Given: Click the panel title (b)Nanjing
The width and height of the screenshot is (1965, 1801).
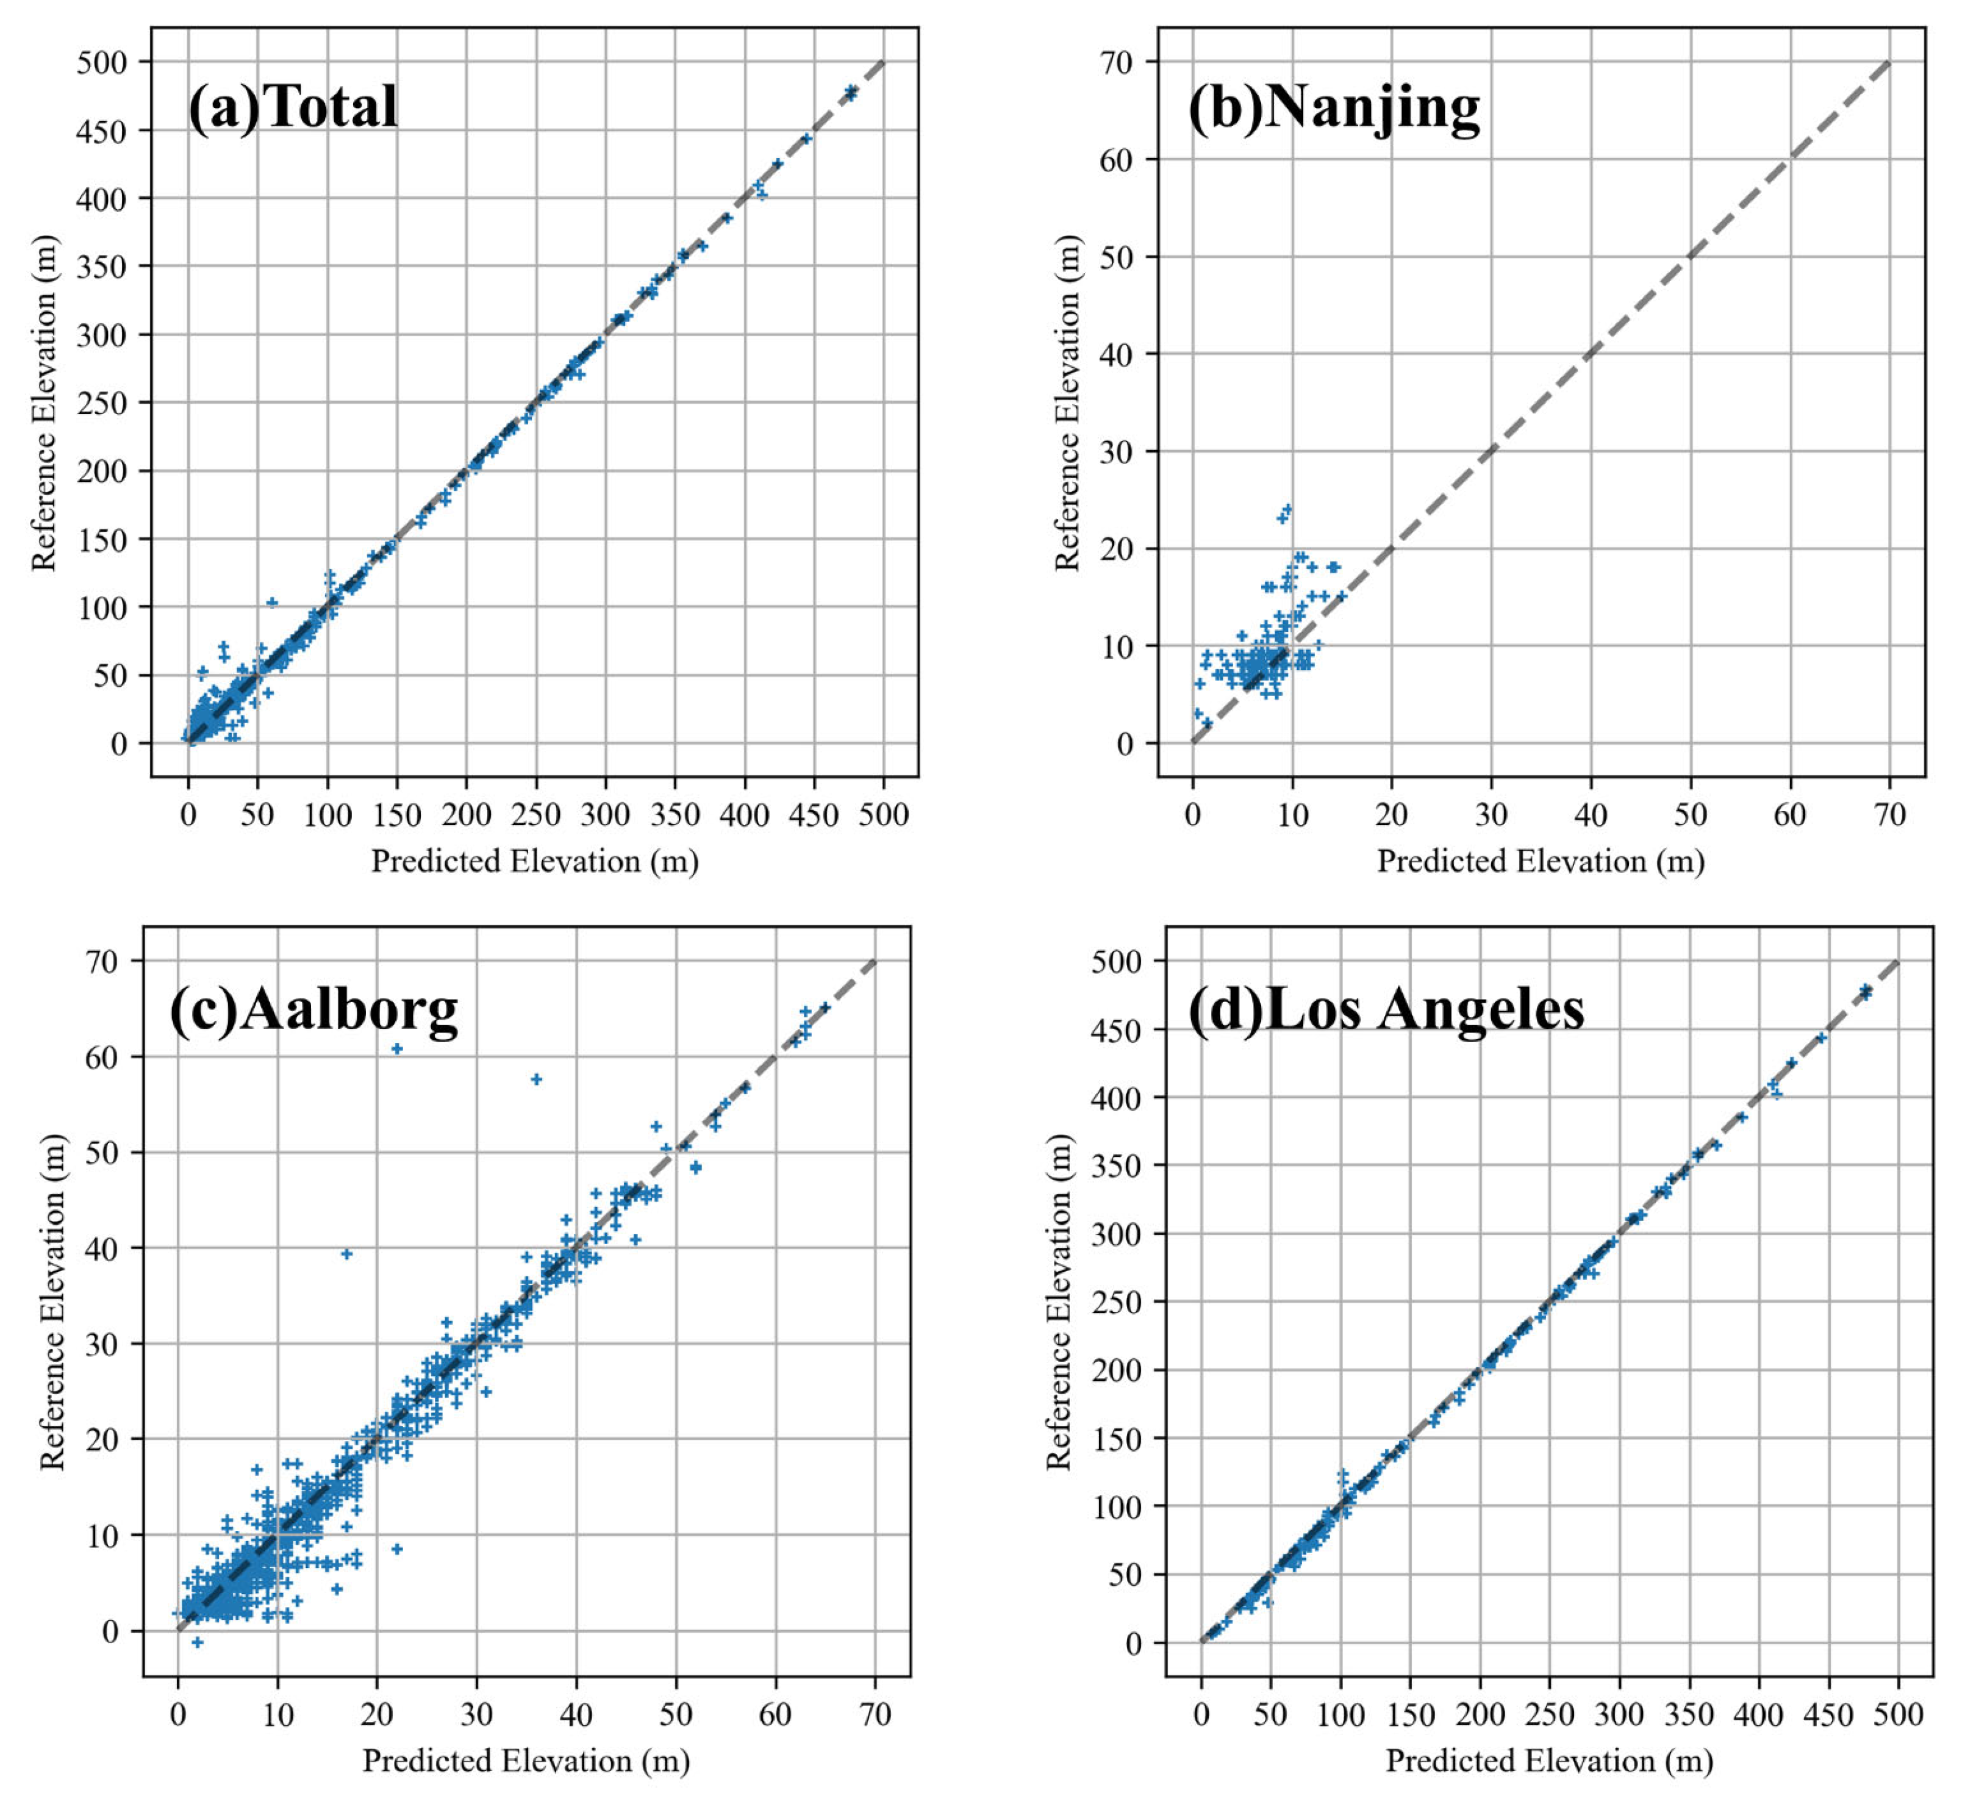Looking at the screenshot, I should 1333,107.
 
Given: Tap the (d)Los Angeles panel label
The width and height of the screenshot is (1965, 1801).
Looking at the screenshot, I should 1386,1009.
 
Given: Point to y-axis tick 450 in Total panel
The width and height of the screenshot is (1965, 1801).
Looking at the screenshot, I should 101,131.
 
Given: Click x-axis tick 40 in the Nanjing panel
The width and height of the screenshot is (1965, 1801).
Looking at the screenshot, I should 1591,815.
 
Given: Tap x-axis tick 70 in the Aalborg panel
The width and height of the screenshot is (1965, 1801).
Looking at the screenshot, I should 875,1714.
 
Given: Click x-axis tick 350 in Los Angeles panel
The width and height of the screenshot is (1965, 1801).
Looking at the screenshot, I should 1689,1714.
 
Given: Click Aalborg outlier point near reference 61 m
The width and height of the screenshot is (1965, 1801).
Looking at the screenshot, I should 396,1048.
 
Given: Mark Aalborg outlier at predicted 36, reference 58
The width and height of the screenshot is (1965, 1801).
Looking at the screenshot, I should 536,1079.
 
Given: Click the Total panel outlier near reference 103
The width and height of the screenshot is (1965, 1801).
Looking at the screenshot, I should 272,603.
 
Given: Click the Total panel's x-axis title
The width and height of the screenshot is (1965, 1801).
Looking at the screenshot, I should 534,862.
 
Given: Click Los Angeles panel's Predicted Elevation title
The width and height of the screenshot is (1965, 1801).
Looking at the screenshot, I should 1549,1761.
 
